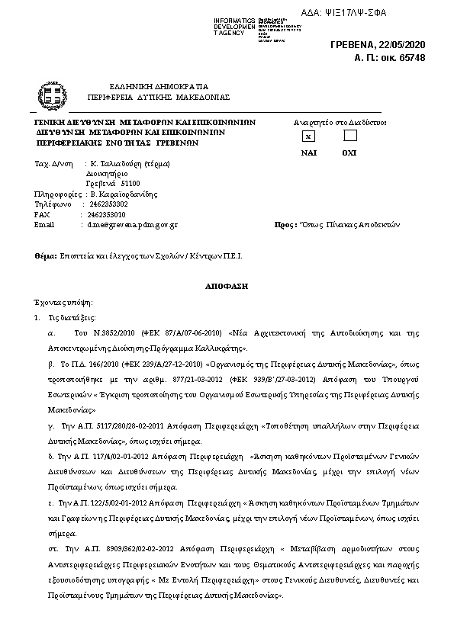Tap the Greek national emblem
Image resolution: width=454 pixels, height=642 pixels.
pyautogui.click(x=52, y=96)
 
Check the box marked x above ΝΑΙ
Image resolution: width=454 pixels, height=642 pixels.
pyautogui.click(x=308, y=136)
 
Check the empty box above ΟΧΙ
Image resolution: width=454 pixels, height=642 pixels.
pyautogui.click(x=349, y=136)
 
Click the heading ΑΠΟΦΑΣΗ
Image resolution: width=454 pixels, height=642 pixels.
pyautogui.click(x=227, y=284)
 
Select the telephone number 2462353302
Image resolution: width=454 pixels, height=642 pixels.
pyautogui.click(x=108, y=204)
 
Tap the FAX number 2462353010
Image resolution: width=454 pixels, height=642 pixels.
pyautogui.click(x=107, y=215)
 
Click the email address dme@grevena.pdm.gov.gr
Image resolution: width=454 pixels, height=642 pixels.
pyautogui.click(x=132, y=225)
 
